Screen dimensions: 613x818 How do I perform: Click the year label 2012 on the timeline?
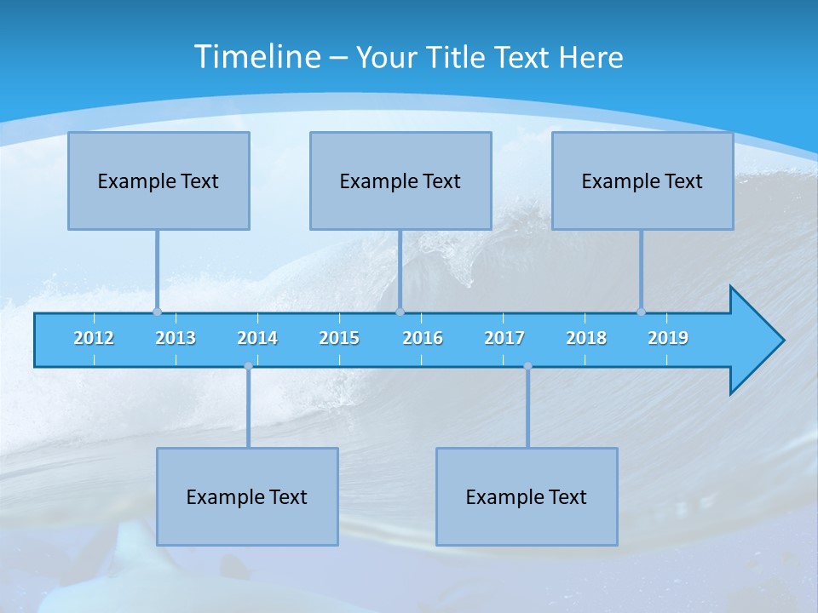pyautogui.click(x=94, y=338)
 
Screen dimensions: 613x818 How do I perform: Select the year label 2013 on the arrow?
pyautogui.click(x=176, y=338)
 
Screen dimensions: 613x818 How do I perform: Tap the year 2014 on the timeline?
pyautogui.click(x=257, y=338)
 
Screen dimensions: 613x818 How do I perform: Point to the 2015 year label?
pyautogui.click(x=339, y=338)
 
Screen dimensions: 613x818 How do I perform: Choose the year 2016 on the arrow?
pyautogui.click(x=423, y=338)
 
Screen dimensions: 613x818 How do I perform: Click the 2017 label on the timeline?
pyautogui.click(x=504, y=338)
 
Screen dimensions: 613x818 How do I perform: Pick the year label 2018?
pyautogui.click(x=586, y=338)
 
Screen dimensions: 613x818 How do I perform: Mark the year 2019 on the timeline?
pyautogui.click(x=668, y=338)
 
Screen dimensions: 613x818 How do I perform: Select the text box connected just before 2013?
pyautogui.click(x=158, y=180)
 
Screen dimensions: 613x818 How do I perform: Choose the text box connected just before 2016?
pyautogui.click(x=400, y=180)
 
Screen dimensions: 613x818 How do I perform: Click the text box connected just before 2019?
pyautogui.click(x=642, y=180)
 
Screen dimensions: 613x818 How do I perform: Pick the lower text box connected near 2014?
pyautogui.click(x=247, y=496)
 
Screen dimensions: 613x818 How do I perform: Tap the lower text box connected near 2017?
pyautogui.click(x=527, y=496)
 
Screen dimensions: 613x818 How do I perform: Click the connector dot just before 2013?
pyautogui.click(x=157, y=312)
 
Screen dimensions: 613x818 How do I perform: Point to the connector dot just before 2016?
pyautogui.click(x=400, y=312)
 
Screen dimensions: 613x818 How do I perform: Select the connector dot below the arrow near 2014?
pyautogui.click(x=248, y=366)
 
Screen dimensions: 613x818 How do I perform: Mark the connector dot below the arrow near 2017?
pyautogui.click(x=527, y=366)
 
